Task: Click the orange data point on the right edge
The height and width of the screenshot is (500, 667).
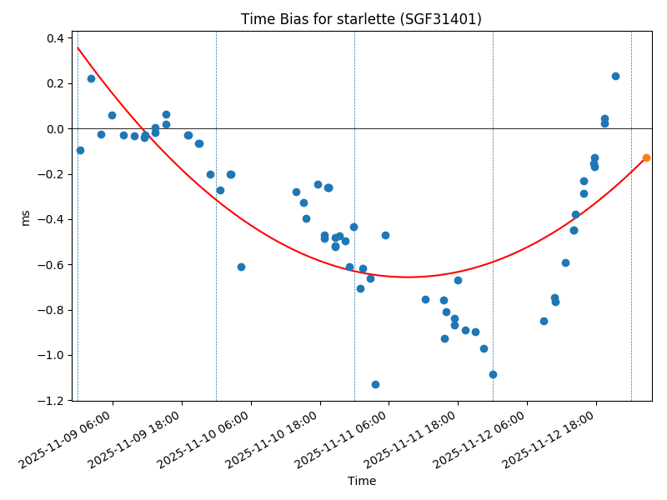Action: coord(646,157)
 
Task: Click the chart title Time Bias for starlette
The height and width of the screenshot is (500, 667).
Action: coord(360,19)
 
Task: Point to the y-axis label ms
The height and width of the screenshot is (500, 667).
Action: coord(25,217)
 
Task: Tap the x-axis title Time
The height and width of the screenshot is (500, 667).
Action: coord(362,481)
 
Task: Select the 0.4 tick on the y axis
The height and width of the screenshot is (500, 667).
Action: coord(54,38)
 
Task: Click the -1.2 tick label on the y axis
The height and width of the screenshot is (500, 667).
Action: coord(52,401)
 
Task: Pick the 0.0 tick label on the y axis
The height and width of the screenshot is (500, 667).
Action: coord(54,129)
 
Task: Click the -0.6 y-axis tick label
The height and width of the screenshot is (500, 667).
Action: coord(52,265)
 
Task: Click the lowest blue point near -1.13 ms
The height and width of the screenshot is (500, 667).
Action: coord(375,384)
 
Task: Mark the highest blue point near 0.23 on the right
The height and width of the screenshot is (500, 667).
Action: coord(615,76)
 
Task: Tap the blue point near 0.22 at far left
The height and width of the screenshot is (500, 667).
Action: coord(91,78)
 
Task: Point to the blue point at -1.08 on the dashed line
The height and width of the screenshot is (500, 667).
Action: coord(493,374)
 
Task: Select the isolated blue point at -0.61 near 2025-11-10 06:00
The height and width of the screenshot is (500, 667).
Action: coord(241,267)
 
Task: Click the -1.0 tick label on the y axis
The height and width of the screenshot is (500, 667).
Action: coord(52,356)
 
